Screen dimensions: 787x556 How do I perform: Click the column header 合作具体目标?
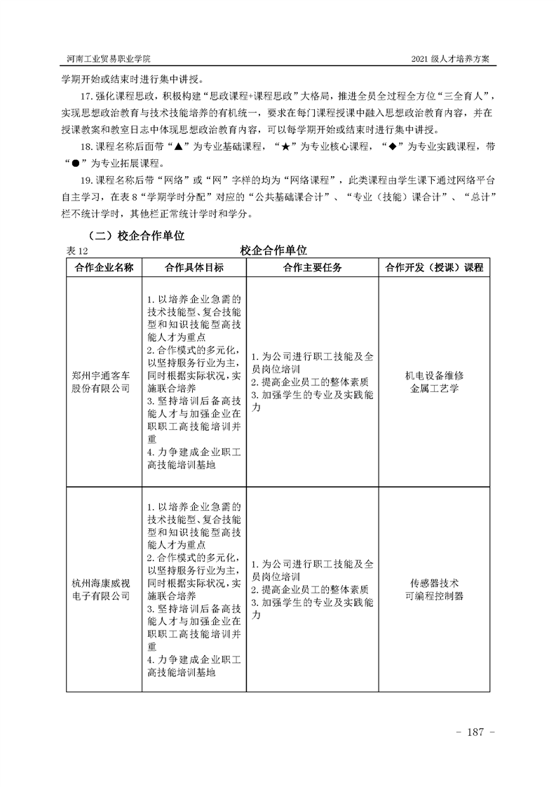point(194,268)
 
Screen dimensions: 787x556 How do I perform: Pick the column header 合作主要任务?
point(313,268)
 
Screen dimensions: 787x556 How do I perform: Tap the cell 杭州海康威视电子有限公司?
point(102,589)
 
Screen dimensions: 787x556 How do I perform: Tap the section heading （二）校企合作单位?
point(133,236)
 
